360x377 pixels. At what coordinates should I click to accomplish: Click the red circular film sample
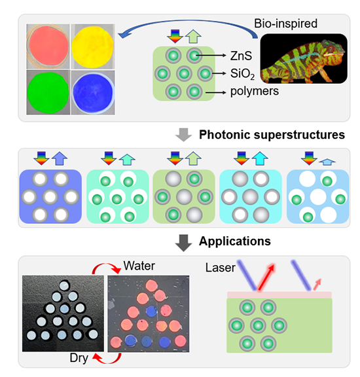pyautogui.click(x=48, y=46)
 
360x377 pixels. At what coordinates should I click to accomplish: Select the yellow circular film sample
pyautogui.click(x=92, y=47)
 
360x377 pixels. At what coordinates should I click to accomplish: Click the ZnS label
pyautogui.click(x=241, y=56)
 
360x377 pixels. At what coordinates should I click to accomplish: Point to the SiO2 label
pyautogui.click(x=242, y=73)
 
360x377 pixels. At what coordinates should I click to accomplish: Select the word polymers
pyautogui.click(x=255, y=91)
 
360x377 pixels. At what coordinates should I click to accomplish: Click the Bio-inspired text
pyautogui.click(x=285, y=24)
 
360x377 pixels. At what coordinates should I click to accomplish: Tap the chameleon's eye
pyautogui.click(x=331, y=49)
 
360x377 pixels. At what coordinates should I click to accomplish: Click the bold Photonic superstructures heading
pyautogui.click(x=272, y=135)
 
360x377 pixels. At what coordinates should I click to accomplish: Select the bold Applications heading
pyautogui.click(x=235, y=241)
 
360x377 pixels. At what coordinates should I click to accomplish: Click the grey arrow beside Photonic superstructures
pyautogui.click(x=184, y=135)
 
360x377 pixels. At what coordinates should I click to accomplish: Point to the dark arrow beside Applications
pyautogui.click(x=184, y=243)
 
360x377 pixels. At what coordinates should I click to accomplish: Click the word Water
pyautogui.click(x=139, y=266)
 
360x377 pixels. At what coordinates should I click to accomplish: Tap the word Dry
pyautogui.click(x=79, y=358)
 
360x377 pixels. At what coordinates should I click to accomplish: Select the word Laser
pyautogui.click(x=221, y=268)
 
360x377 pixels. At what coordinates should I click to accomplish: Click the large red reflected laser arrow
pyautogui.click(x=266, y=278)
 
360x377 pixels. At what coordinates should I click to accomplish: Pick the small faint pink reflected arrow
pyautogui.click(x=317, y=284)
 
